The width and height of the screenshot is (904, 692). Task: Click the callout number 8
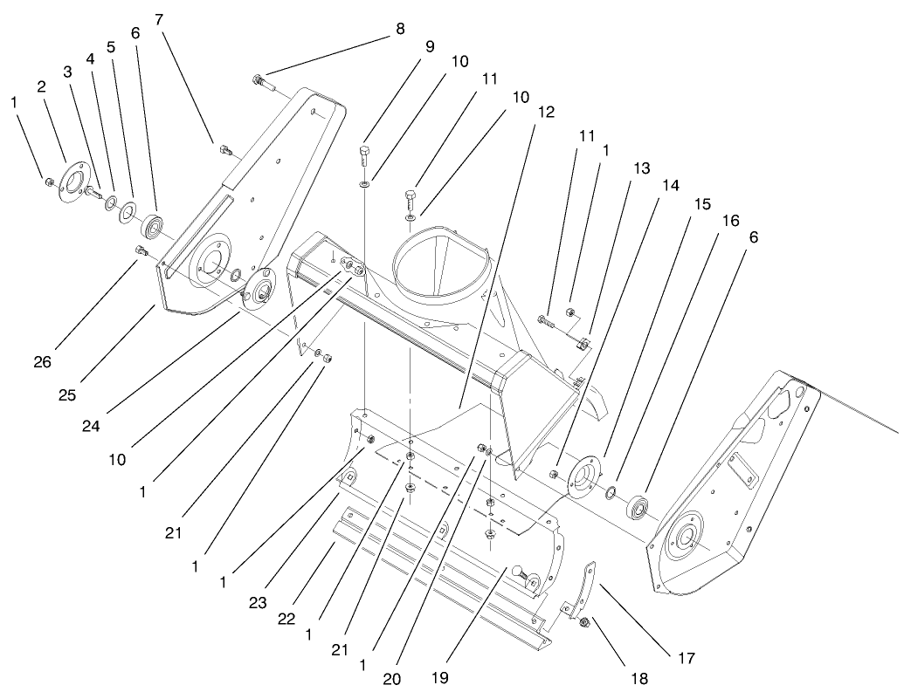(x=400, y=29)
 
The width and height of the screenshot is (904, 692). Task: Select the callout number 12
(x=546, y=113)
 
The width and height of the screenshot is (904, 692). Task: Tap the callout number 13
(x=642, y=168)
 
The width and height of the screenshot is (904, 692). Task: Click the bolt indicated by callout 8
(x=261, y=83)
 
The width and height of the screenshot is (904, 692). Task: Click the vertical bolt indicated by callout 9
(x=364, y=164)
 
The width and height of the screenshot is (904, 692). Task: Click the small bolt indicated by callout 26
(x=141, y=252)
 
